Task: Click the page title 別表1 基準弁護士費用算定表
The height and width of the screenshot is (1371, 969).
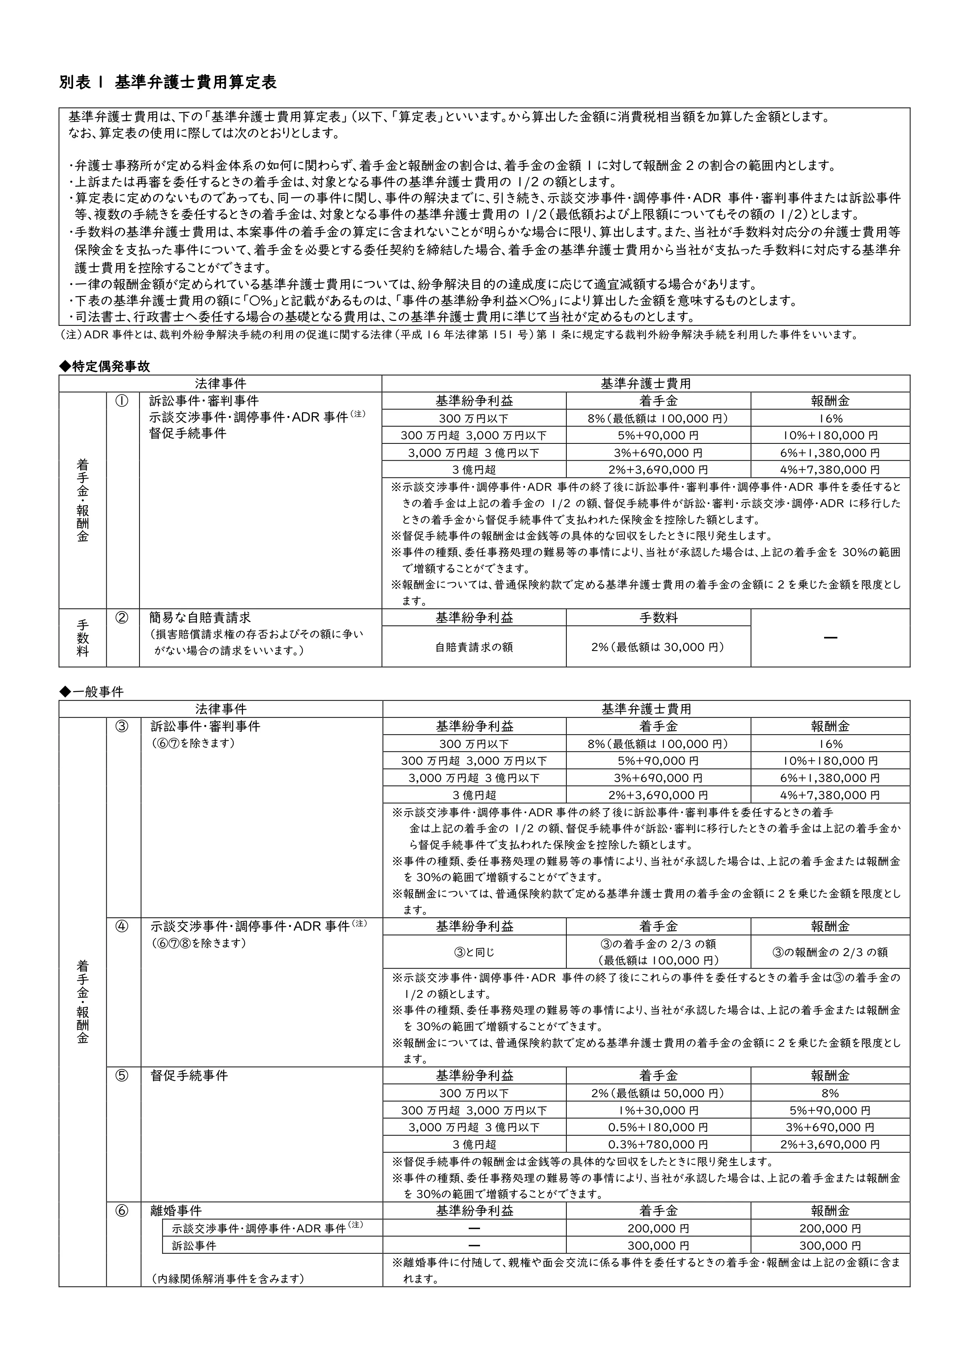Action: (x=168, y=82)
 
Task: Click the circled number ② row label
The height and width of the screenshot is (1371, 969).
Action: (x=122, y=618)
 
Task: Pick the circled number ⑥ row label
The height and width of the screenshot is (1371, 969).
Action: (x=122, y=1210)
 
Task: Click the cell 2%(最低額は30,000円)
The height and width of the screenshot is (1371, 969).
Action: (x=658, y=647)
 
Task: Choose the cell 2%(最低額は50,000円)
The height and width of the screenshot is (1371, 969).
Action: (x=658, y=1093)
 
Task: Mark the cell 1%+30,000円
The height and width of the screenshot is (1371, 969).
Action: (x=658, y=1111)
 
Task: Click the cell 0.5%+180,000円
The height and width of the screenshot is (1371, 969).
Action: (x=658, y=1127)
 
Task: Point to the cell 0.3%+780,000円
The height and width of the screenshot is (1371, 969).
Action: (x=658, y=1145)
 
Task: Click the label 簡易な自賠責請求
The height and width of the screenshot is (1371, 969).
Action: (x=200, y=618)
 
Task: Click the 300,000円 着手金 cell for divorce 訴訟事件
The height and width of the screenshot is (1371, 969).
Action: (x=658, y=1246)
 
